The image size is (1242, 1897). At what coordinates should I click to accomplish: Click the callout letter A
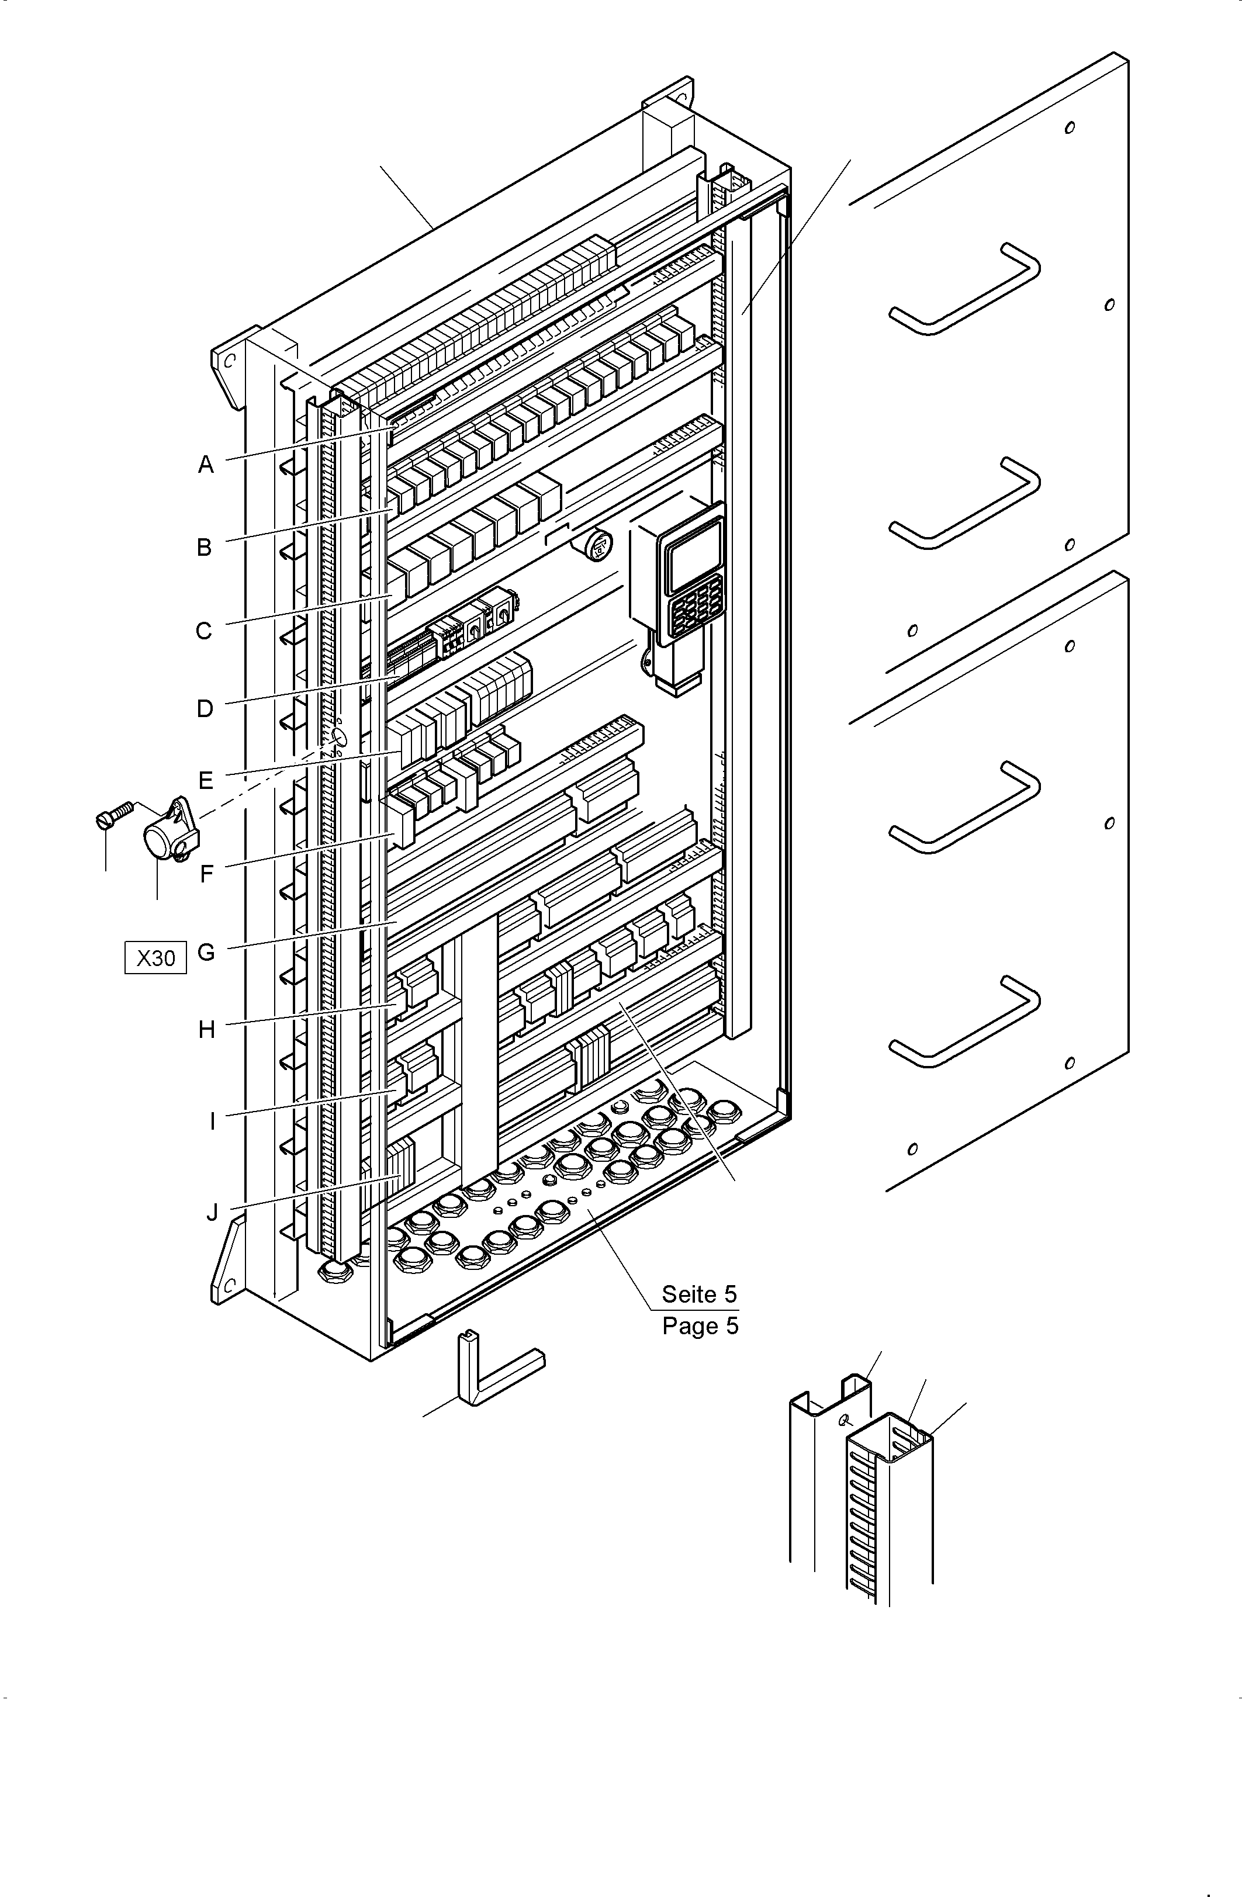click(x=206, y=464)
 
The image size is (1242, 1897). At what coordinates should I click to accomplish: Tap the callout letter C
click(x=204, y=631)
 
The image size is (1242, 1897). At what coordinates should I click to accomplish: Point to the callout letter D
click(x=205, y=708)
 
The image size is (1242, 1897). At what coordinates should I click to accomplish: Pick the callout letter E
click(x=206, y=780)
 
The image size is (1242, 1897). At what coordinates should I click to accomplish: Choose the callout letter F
click(x=206, y=874)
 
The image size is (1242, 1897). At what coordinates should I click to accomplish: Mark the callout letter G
click(x=206, y=951)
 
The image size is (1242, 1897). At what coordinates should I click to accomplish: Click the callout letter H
click(x=206, y=1030)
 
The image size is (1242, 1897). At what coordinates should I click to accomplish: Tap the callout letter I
click(x=212, y=1122)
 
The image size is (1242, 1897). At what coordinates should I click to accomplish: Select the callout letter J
click(x=211, y=1212)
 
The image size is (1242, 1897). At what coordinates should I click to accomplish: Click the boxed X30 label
click(x=155, y=957)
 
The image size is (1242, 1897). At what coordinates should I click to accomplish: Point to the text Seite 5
click(x=699, y=1294)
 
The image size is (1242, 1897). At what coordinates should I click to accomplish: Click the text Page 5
click(x=700, y=1326)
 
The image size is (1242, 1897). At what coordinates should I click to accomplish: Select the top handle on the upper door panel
click(x=964, y=289)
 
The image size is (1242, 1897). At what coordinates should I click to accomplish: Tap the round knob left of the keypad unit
click(x=598, y=546)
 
